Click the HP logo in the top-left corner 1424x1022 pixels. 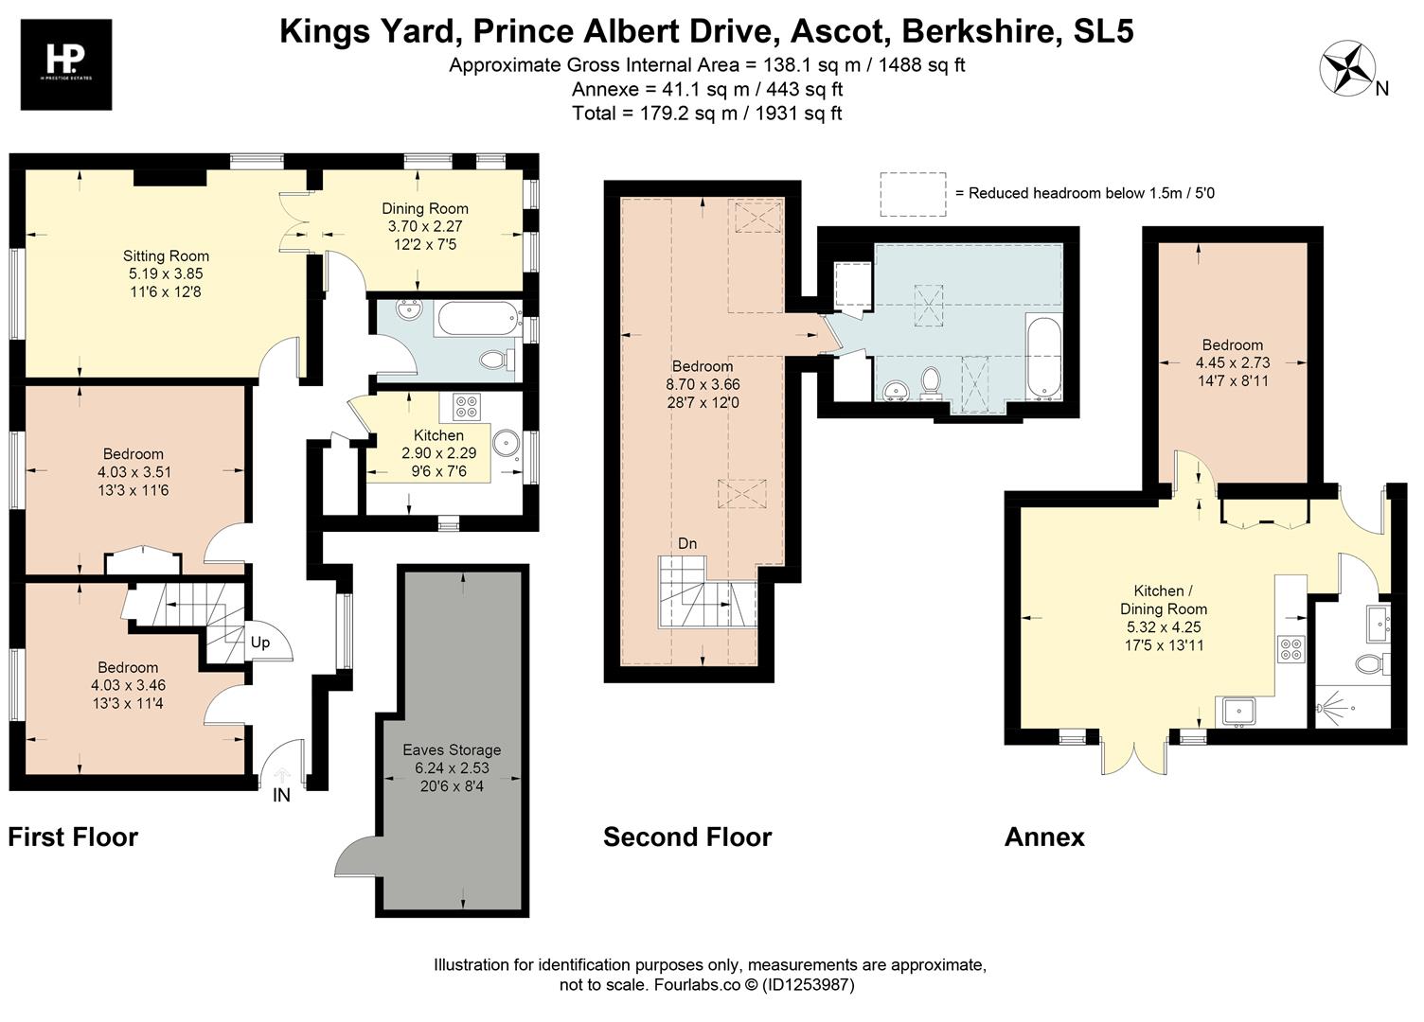click(65, 64)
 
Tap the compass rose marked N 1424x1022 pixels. click(1345, 69)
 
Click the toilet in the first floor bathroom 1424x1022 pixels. click(495, 360)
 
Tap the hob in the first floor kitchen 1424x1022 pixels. click(466, 406)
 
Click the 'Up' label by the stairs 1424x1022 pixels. click(260, 643)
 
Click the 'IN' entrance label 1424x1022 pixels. click(281, 796)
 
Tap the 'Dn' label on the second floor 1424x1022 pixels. click(687, 543)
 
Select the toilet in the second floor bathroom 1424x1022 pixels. click(930, 381)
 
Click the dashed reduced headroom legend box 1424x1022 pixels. click(913, 194)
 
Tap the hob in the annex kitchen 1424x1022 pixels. click(1290, 650)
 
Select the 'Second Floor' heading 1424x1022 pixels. click(687, 837)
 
